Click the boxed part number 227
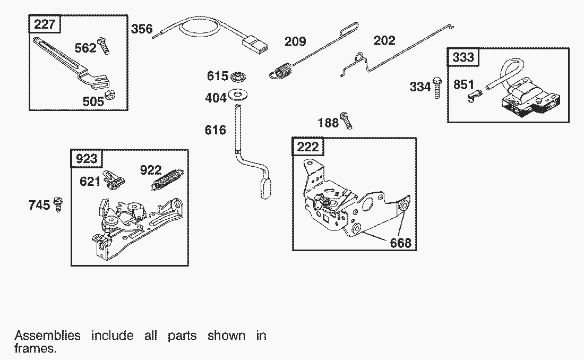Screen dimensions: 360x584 coord(45,24)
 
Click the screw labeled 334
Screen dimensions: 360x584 coord(437,87)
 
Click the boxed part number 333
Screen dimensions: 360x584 coord(463,57)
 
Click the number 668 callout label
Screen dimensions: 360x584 coord(400,243)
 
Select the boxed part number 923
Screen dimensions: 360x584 coord(86,159)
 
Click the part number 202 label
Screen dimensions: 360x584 coord(384,40)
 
